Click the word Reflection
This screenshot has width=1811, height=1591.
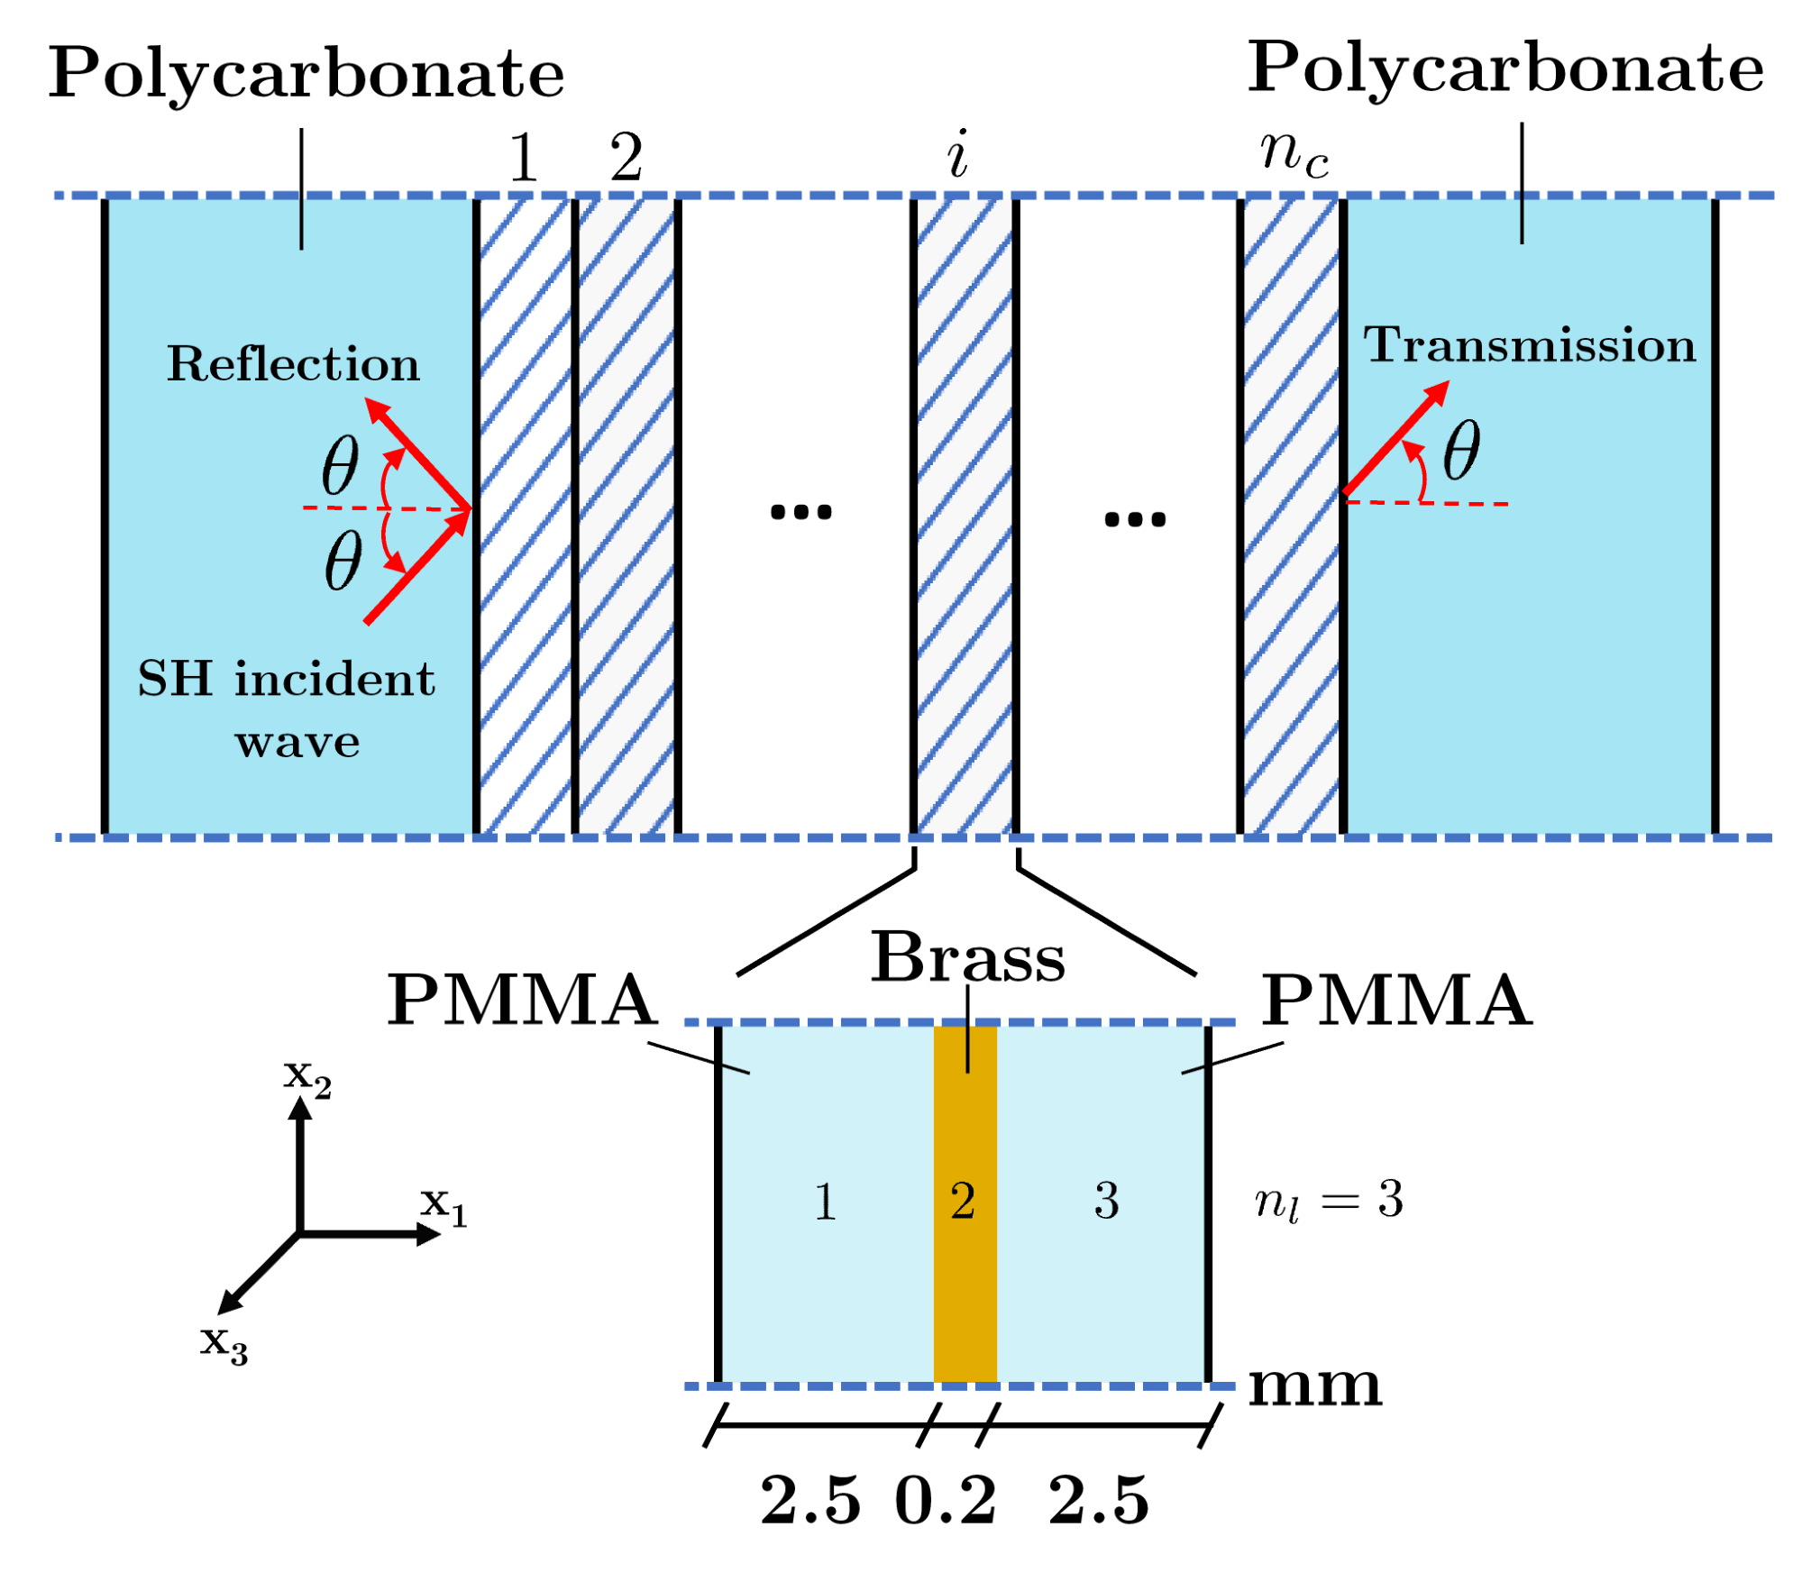pos(293,364)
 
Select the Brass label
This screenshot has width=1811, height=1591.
pos(966,957)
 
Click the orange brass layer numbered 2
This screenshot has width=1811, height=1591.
pos(965,1203)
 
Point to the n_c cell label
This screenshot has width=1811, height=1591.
pos(1294,153)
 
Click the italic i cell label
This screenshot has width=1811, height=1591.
pos(957,155)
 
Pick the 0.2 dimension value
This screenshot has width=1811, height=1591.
pos(945,1502)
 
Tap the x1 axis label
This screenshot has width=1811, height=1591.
pos(444,1205)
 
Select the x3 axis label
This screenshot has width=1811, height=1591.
pos(224,1344)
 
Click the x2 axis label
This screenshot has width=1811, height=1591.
pos(307,1077)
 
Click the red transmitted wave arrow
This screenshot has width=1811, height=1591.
pos(1395,438)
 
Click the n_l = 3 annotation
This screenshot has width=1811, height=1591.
pos(1329,1202)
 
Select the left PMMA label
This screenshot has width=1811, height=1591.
pos(522,1001)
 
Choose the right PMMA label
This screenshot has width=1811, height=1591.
pos(1396,1001)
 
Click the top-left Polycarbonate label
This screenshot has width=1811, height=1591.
pos(306,74)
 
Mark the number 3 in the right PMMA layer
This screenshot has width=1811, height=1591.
pos(1106,1202)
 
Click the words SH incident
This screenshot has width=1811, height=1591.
pos(286,680)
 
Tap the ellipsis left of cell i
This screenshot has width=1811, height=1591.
pos(800,513)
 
